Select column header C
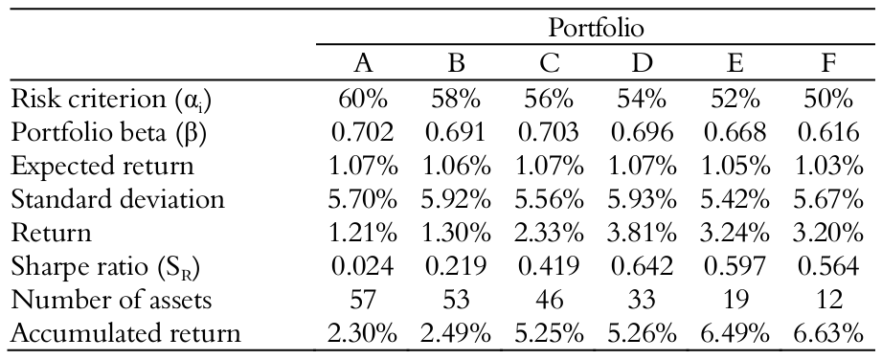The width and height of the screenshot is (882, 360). (x=549, y=65)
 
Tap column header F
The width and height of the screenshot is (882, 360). (x=829, y=65)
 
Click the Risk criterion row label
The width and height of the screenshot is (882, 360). (x=103, y=100)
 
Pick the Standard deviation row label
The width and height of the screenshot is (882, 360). (x=116, y=200)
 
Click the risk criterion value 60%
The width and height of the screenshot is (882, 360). (x=363, y=100)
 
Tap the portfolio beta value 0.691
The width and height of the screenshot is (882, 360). (x=456, y=133)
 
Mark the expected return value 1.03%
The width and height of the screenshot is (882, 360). (x=829, y=167)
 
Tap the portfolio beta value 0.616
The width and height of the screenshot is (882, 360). (x=829, y=133)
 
